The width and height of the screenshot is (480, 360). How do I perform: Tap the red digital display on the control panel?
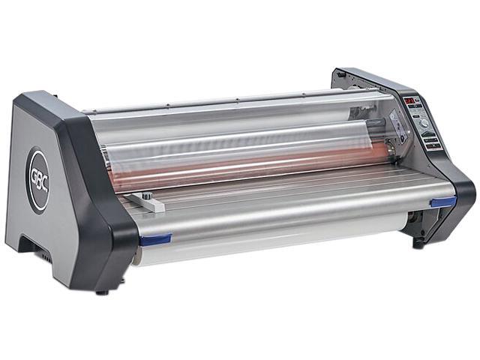pyautogui.click(x=409, y=100)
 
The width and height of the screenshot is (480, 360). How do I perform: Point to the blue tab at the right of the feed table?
pyautogui.click(x=442, y=201)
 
